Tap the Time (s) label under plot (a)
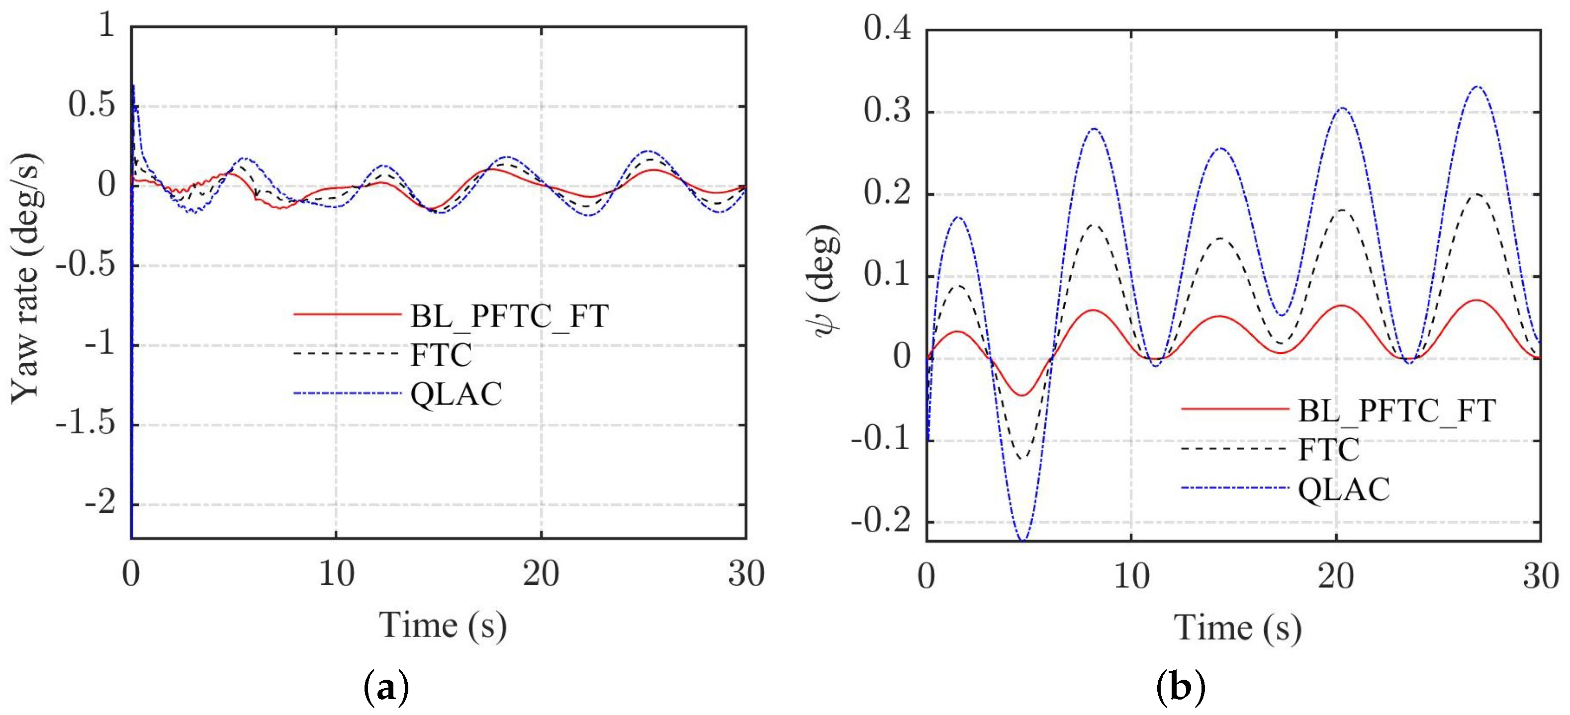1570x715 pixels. [443, 626]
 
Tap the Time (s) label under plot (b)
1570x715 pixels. [1238, 628]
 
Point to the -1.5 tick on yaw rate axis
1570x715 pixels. [86, 424]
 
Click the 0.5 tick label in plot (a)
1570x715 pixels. [92, 105]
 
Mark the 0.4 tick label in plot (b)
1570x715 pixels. [887, 29]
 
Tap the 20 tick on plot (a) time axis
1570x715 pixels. [541, 574]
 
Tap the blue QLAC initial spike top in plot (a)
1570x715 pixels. [133, 86]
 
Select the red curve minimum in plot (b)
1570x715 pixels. [1022, 395]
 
